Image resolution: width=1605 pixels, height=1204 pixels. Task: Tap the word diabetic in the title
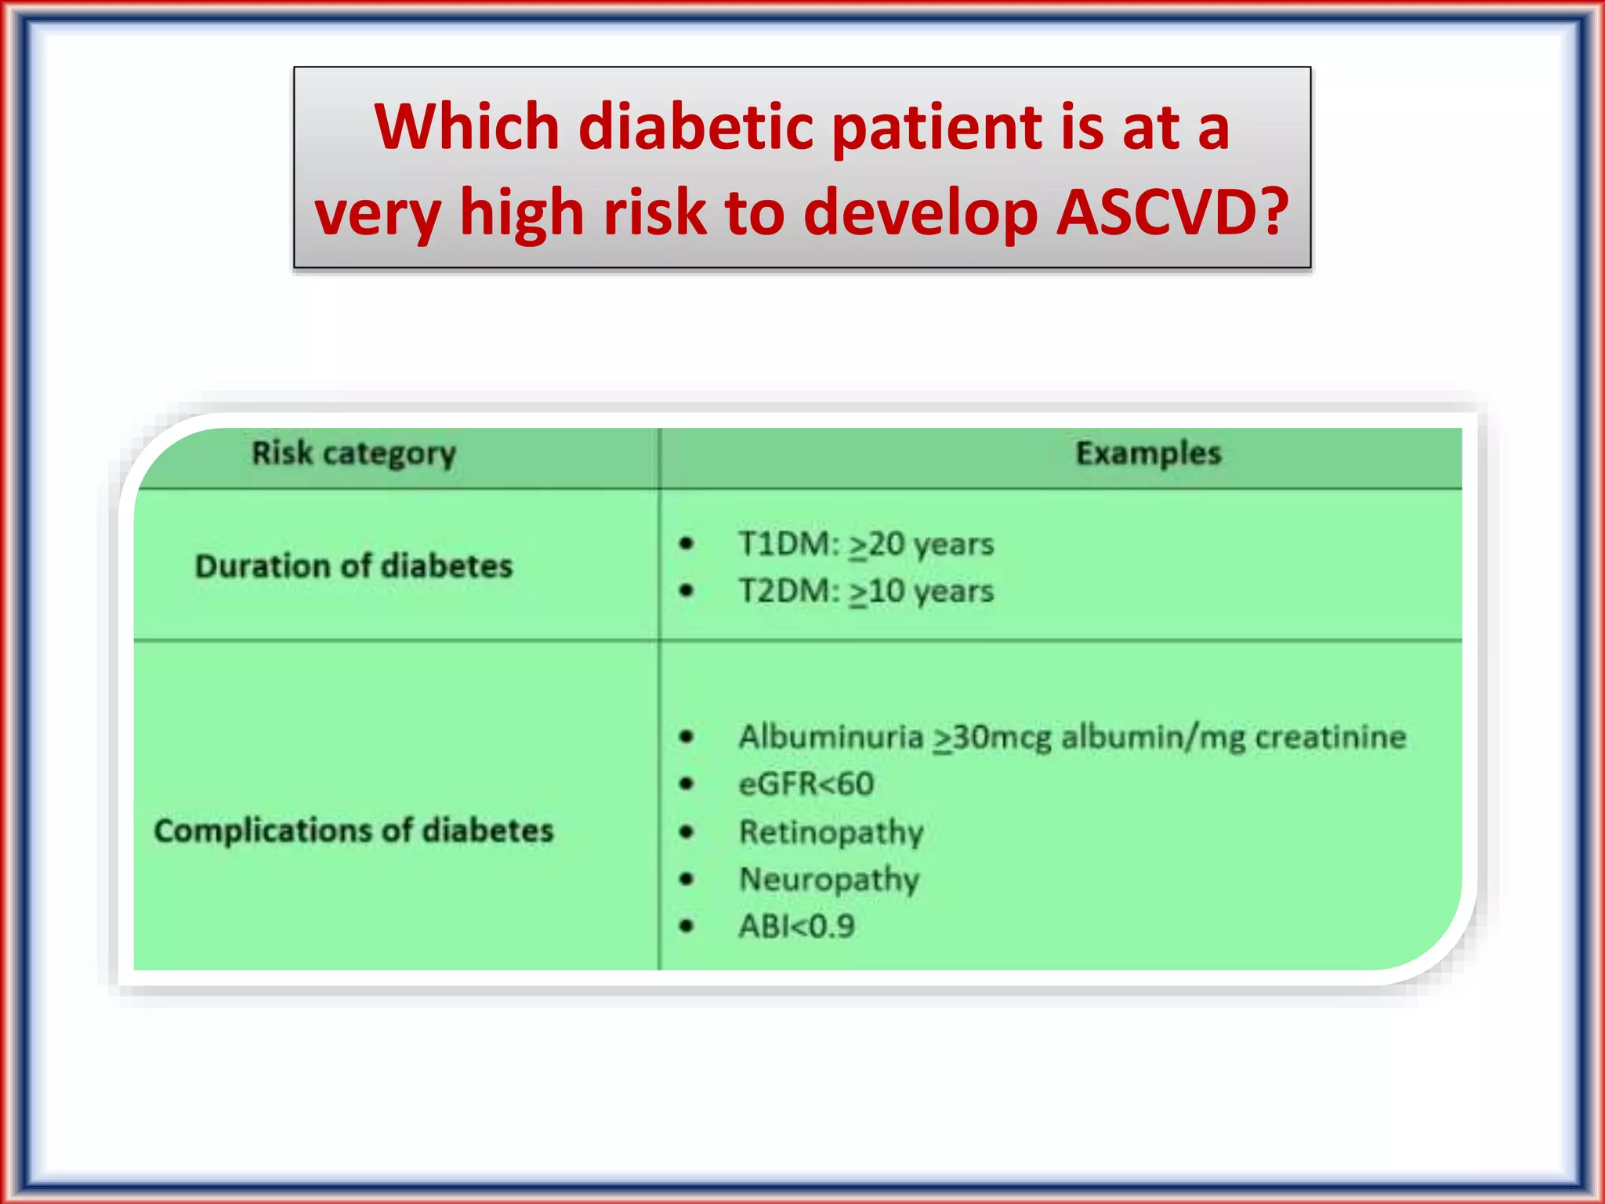694,127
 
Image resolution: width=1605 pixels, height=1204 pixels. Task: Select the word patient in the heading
936,127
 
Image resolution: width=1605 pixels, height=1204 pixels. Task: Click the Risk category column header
353,454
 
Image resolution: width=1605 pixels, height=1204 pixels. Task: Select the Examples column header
1148,453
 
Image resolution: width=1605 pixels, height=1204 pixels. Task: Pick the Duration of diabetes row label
353,566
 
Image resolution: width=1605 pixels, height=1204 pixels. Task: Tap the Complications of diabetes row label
353,831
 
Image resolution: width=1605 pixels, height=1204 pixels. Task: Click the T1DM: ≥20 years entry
866,544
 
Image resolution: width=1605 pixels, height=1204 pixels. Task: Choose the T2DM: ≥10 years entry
866,591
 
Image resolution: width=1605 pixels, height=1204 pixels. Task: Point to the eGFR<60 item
806,784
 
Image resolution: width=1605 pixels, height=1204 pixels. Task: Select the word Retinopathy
831,832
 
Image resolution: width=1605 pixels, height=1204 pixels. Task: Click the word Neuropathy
829,879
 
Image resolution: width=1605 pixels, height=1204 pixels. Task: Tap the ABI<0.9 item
796,927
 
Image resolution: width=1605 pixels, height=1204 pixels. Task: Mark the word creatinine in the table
1330,737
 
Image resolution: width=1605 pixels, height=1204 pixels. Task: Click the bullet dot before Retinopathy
687,832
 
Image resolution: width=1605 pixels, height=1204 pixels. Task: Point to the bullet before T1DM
687,543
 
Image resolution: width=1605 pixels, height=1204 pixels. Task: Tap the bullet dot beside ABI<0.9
687,927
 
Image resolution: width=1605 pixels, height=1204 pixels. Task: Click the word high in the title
521,213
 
